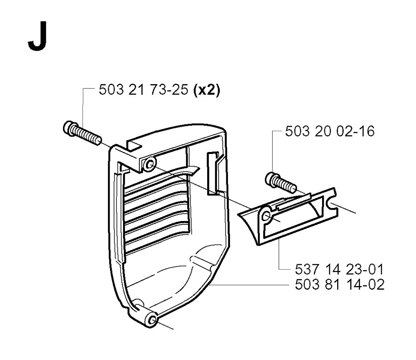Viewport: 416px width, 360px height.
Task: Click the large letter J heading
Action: tap(38, 36)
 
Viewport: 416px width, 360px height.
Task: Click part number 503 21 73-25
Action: tap(143, 89)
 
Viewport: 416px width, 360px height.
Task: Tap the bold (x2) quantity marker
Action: tap(207, 90)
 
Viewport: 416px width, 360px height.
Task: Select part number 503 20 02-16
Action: tap(330, 131)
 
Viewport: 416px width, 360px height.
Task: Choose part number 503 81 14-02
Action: tap(340, 285)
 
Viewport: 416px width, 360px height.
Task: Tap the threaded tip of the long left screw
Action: tap(97, 141)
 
